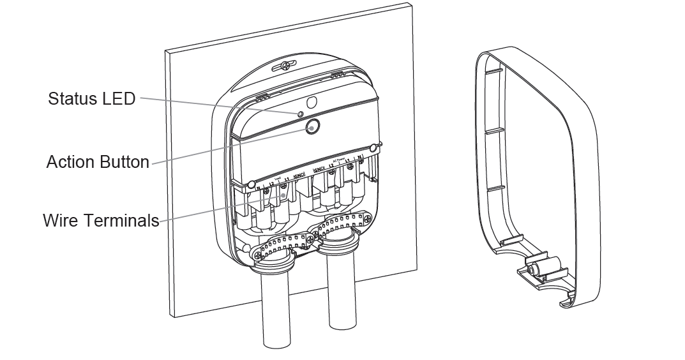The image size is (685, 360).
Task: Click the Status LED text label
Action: [92, 99]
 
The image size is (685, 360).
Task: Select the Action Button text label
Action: [98, 162]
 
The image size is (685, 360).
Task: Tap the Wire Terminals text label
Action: [101, 221]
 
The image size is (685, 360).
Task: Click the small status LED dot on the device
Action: [299, 114]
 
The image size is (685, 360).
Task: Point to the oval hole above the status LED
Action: [312, 102]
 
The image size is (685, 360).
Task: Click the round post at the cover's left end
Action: [252, 184]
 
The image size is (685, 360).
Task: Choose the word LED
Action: [121, 99]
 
